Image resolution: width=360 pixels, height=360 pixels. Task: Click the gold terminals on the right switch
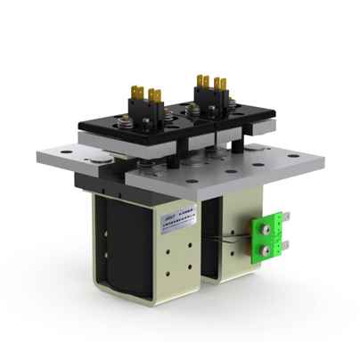(x=209, y=83)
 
